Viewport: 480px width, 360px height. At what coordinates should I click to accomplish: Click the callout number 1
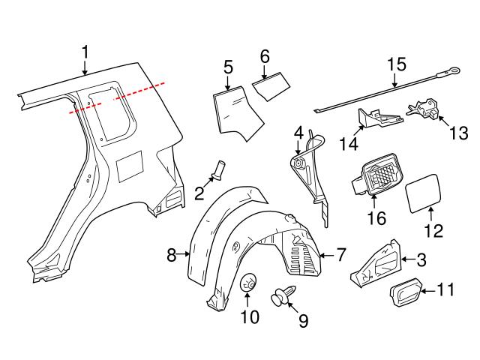pyautogui.click(x=85, y=51)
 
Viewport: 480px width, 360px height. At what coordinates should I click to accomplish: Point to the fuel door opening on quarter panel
pyautogui.click(x=130, y=163)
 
